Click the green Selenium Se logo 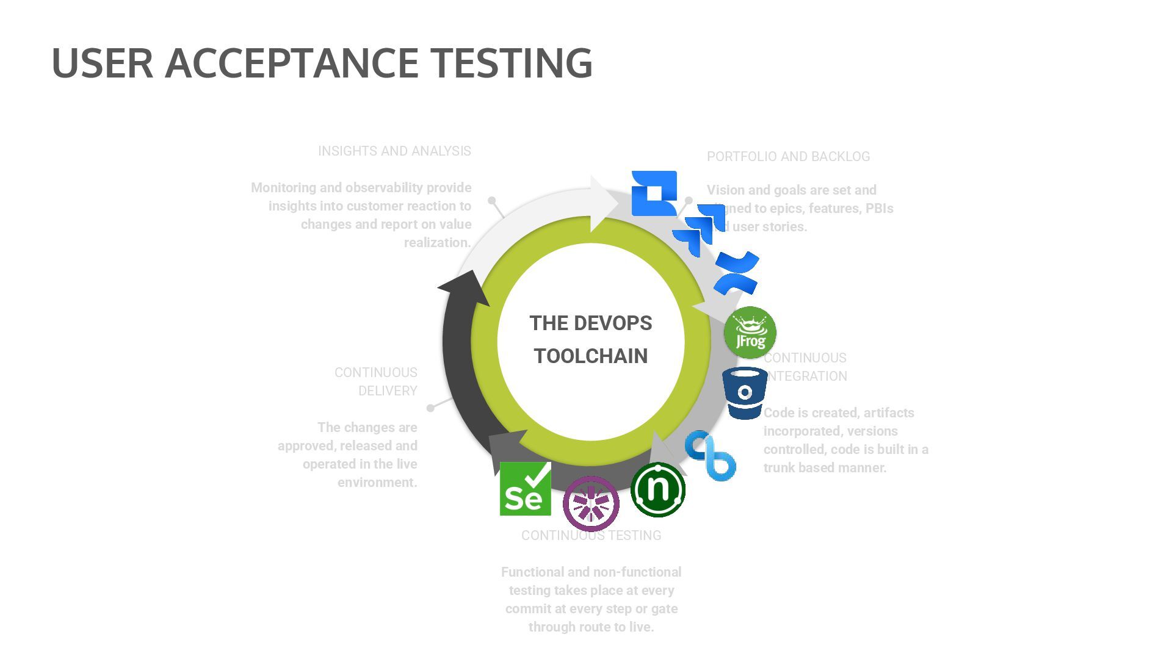click(525, 489)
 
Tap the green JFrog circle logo click(750, 333)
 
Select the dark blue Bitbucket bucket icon click(745, 394)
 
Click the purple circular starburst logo click(591, 503)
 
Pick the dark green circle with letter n click(658, 489)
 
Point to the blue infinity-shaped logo click(710, 455)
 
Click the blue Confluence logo click(737, 273)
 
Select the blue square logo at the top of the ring click(654, 193)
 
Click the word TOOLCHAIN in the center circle click(590, 356)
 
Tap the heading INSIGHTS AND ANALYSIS click(394, 151)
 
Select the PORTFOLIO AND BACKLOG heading click(788, 156)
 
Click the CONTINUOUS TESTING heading click(591, 535)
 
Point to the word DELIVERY click(388, 391)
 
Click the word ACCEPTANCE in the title click(292, 63)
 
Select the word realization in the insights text click(437, 242)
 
